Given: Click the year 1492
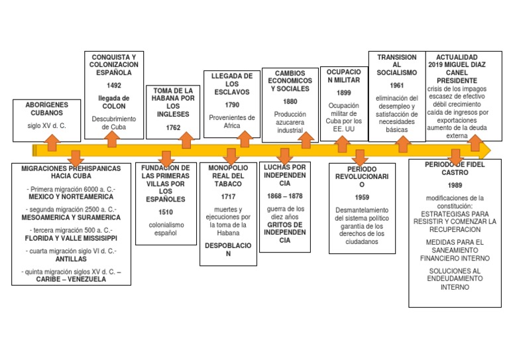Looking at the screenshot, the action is coord(114,86).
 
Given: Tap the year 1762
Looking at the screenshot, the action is coord(173,127).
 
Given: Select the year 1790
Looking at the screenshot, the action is coord(232,105).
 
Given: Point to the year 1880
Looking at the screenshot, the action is coord(290,101).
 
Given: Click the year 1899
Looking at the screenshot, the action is coord(344,93).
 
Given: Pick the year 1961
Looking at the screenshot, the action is coord(397,86).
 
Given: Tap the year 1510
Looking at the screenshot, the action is coord(166,212).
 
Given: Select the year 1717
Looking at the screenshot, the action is coord(228,197).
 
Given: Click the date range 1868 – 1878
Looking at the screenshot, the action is coord(285,196).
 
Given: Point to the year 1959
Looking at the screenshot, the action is coord(362,198).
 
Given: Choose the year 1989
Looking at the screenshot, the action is coord(455,186).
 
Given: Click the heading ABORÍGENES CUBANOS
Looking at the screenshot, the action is coord(47,109).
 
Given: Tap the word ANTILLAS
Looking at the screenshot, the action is coord(71,259).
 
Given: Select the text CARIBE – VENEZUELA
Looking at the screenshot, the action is coord(71,279).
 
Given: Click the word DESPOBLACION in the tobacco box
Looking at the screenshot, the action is coord(228,250).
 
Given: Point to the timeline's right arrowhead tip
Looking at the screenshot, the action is coord(491,150).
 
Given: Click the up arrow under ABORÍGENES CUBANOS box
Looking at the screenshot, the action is coord(52,143).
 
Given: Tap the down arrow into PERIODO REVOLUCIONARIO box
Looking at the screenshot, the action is coord(360,158).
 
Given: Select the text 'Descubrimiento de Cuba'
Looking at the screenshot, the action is coord(114,123).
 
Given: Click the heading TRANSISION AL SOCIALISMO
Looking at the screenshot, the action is coord(397,65).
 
